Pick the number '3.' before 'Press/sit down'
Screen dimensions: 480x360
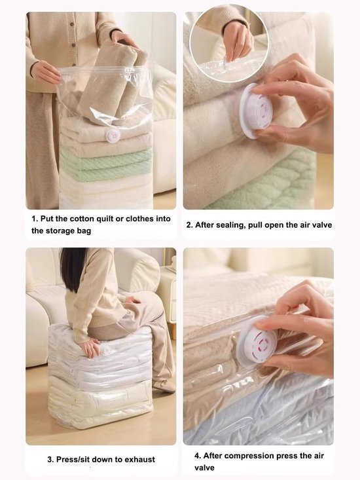(x=50, y=459)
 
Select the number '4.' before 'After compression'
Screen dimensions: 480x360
(x=198, y=455)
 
